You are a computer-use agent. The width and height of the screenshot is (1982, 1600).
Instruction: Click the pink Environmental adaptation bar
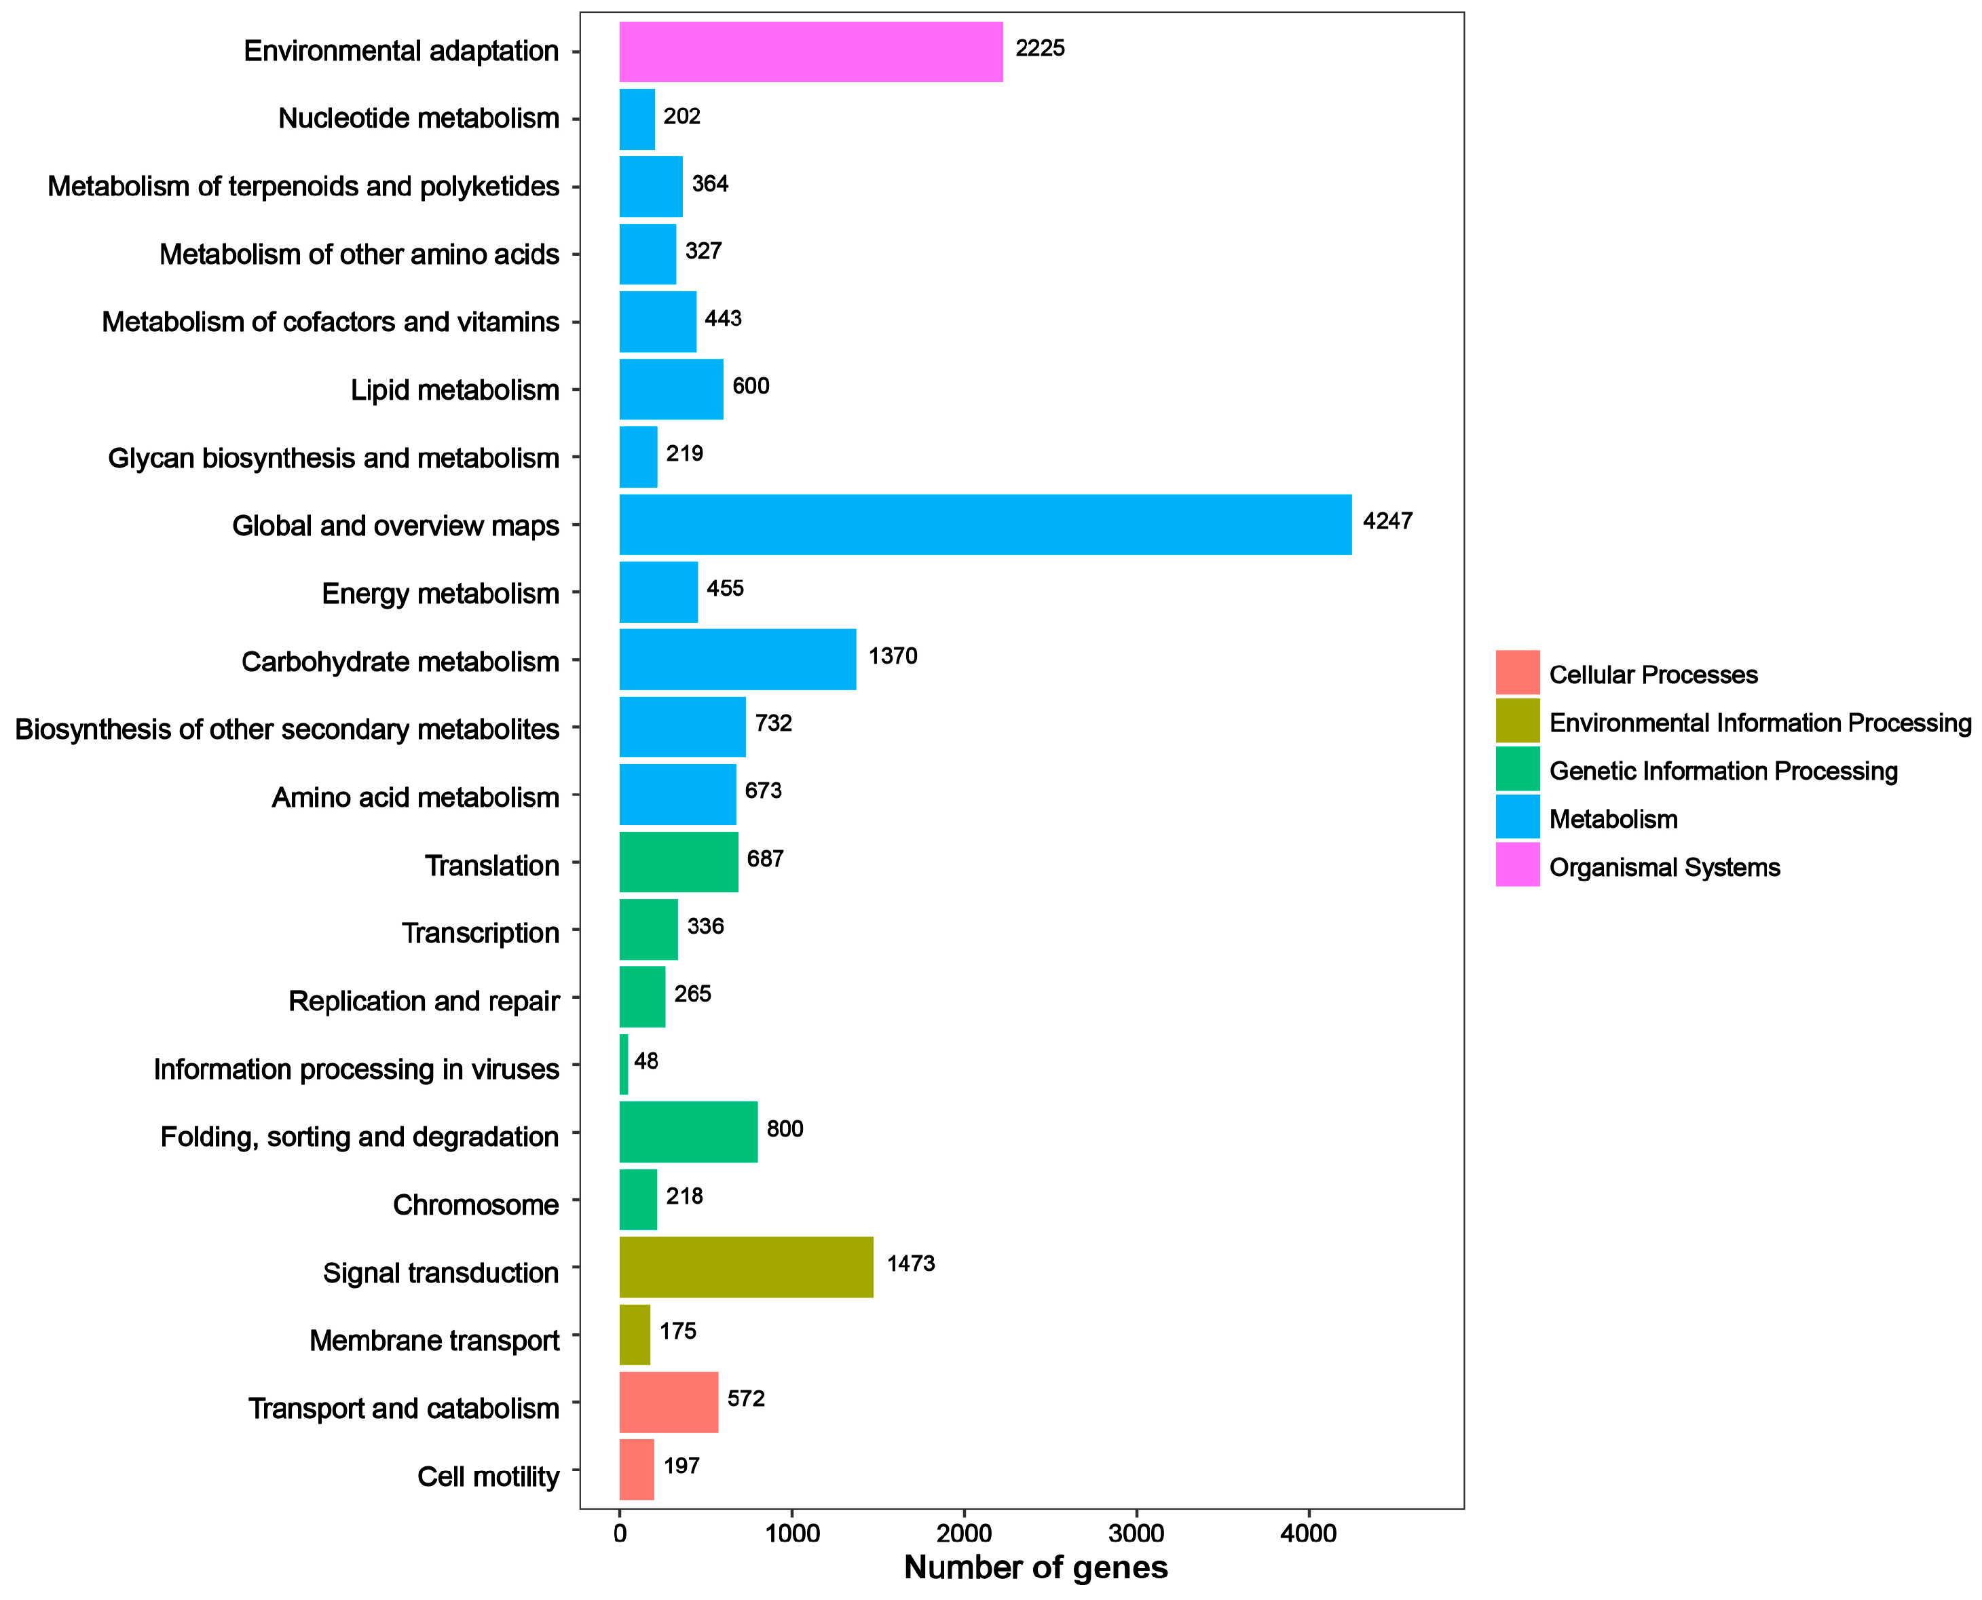(x=810, y=52)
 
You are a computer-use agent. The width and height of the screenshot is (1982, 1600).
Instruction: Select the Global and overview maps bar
(x=984, y=525)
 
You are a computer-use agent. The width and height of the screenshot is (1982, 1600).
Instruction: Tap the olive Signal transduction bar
(x=746, y=1268)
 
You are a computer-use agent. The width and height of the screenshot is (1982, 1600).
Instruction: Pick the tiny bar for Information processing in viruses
(x=624, y=1065)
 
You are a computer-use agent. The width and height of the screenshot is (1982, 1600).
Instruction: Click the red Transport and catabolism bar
(x=669, y=1402)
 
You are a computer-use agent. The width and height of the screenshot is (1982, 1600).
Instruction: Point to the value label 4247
(x=1387, y=522)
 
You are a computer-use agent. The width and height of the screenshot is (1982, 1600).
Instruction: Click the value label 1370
(x=893, y=656)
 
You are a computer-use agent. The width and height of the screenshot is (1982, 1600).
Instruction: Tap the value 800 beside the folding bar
(x=785, y=1129)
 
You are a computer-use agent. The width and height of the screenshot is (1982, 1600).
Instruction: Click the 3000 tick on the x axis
(x=1136, y=1534)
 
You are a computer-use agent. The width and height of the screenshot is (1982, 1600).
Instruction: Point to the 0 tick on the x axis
(x=620, y=1534)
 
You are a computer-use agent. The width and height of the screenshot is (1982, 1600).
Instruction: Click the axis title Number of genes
(x=1035, y=1567)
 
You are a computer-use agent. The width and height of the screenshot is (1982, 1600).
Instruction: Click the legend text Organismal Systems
(x=1664, y=867)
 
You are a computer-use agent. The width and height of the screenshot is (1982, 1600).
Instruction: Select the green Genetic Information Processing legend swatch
(x=1517, y=769)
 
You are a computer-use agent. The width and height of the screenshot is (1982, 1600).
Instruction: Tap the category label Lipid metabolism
(x=455, y=390)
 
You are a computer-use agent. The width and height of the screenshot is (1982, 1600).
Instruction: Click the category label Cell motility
(x=487, y=1477)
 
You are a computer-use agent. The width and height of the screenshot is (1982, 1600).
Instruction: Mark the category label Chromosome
(x=476, y=1204)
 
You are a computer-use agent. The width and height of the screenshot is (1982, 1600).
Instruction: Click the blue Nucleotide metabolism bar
(x=637, y=119)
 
